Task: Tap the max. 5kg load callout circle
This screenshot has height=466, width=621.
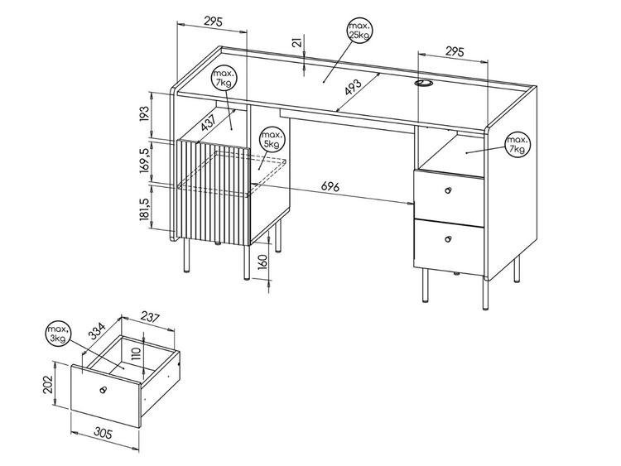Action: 271,139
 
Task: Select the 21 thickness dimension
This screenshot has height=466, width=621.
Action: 296,41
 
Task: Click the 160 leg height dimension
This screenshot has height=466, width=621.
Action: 262,265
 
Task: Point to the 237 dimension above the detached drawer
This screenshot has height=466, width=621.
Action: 150,315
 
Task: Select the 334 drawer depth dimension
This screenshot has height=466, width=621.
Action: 97,332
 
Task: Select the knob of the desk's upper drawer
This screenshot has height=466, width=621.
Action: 448,191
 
